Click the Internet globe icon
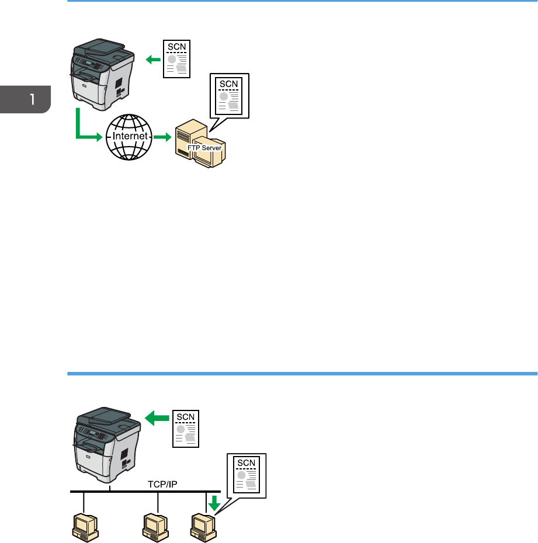point(127,137)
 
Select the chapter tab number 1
point(32,99)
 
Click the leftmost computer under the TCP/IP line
point(85,525)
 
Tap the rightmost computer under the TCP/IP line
point(202,525)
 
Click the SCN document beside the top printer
point(176,59)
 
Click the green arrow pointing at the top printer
point(152,58)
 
